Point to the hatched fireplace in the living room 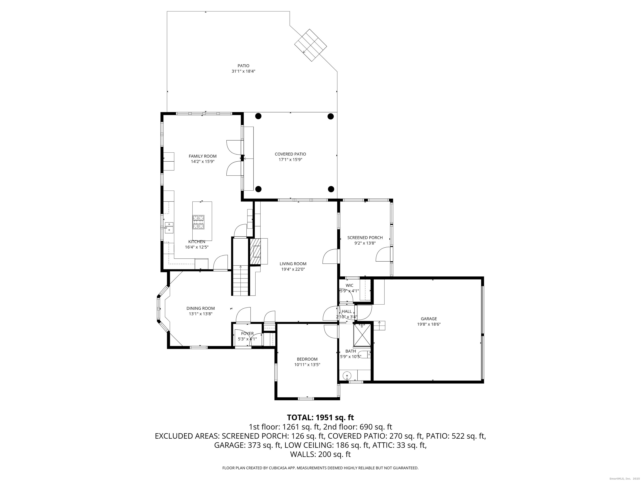tap(255, 251)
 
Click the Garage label tap(429, 319)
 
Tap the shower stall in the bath tap(362, 335)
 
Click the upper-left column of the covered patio tap(258, 116)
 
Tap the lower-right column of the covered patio tap(331, 189)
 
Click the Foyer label tap(247, 333)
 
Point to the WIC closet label tap(350, 285)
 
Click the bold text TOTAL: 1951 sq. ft tap(320, 418)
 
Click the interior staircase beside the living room tap(240, 280)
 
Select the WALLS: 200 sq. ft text tap(320, 454)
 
